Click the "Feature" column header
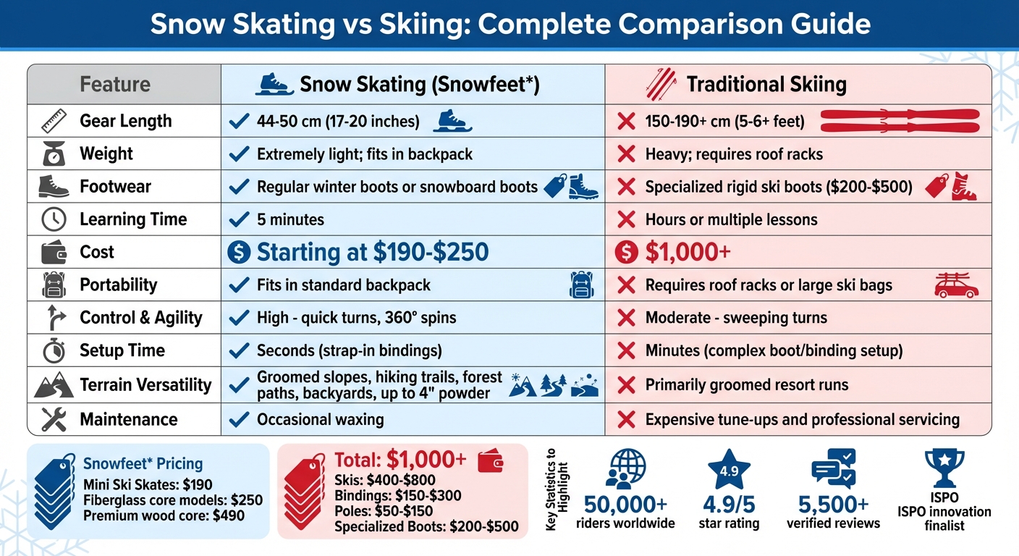click(115, 84)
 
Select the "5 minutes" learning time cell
click(290, 219)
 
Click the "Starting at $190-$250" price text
click(373, 252)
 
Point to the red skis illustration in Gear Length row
click(900, 121)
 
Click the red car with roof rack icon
click(957, 285)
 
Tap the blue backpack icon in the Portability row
click(581, 285)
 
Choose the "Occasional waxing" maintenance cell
click(320, 419)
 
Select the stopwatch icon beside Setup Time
click(54, 351)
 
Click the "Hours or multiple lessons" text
click(731, 219)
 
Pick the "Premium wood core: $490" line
click(164, 516)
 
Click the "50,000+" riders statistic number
click(626, 505)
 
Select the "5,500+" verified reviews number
click(833, 505)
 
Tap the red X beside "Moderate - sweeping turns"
click(626, 318)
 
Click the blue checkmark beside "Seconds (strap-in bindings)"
click(238, 351)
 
